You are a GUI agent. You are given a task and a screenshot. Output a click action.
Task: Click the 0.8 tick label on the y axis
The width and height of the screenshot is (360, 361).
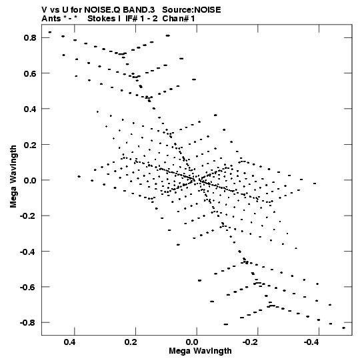(x=30, y=37)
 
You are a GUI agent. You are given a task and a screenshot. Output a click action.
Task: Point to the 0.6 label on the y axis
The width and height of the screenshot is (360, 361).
(x=30, y=73)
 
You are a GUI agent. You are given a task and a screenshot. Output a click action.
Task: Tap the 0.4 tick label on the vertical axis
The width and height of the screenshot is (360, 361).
(x=30, y=109)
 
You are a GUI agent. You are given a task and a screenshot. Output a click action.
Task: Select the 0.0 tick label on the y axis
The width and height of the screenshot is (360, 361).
(x=30, y=180)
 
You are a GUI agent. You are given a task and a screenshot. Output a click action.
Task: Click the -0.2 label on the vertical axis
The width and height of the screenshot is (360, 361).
(x=28, y=216)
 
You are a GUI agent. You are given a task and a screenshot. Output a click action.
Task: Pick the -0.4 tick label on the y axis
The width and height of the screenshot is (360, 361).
(x=28, y=252)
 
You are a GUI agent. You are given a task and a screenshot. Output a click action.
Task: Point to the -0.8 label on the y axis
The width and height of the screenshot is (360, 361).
(x=28, y=323)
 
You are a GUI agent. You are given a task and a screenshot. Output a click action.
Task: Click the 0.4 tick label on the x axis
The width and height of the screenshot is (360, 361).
(x=70, y=342)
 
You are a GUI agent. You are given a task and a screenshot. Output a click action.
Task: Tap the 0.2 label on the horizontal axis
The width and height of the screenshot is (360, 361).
(x=131, y=342)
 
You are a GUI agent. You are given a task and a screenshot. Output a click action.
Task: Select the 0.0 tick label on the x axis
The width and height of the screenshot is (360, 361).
(x=192, y=342)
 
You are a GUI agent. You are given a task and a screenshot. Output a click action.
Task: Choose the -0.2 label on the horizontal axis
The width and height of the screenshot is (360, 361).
(x=251, y=342)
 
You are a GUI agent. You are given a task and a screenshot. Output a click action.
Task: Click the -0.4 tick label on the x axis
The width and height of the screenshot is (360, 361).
(x=313, y=342)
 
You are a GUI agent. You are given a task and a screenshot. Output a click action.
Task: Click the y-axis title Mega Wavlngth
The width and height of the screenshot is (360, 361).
(x=13, y=177)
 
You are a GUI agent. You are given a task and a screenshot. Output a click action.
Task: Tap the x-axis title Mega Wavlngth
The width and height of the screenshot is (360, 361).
(x=201, y=351)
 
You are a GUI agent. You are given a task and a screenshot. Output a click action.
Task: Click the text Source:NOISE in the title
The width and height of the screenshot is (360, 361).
(x=191, y=10)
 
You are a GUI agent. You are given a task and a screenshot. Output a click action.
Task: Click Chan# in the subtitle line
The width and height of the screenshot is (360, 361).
(x=176, y=19)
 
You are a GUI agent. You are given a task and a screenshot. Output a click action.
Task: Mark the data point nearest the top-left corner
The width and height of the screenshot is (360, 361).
(x=50, y=32)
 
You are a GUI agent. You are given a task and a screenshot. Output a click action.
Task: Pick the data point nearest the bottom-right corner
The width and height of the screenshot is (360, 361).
(x=344, y=328)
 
